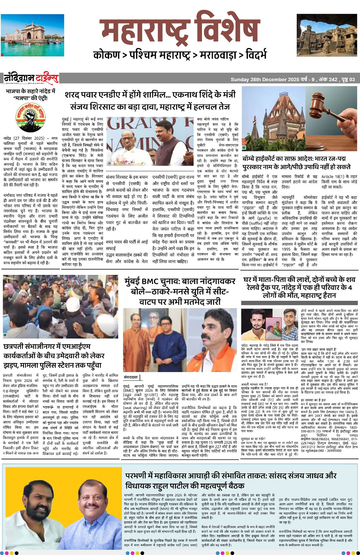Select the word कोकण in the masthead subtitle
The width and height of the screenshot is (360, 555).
click(x=107, y=55)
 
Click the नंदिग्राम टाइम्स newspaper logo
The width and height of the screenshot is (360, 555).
click(x=31, y=78)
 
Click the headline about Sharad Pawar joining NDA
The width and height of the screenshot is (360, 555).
click(x=150, y=100)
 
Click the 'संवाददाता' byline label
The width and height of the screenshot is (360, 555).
click(x=131, y=377)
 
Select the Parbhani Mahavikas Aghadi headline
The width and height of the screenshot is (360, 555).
click(x=231, y=481)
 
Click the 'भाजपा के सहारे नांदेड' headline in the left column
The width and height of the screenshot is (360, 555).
click(x=30, y=94)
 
